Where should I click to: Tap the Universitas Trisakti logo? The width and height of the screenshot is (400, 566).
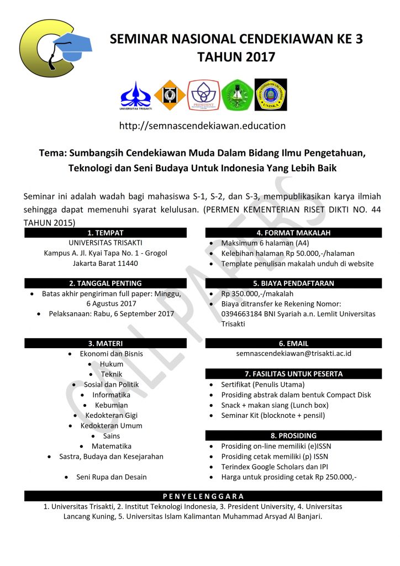click(x=135, y=95)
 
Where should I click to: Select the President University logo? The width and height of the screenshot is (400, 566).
click(x=203, y=95)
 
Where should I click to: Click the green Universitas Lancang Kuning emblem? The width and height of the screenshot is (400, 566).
click(x=238, y=95)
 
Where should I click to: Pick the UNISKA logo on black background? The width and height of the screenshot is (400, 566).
click(x=271, y=95)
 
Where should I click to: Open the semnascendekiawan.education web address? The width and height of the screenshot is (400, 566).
click(x=202, y=126)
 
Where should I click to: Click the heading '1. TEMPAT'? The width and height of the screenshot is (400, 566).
click(x=106, y=233)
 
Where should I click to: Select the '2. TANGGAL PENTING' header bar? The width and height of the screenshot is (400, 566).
click(x=106, y=283)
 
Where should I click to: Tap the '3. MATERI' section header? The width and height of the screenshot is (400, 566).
click(x=106, y=343)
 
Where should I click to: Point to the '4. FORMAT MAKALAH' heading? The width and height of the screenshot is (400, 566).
click(x=294, y=233)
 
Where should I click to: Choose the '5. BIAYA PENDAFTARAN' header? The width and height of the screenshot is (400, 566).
click(x=294, y=283)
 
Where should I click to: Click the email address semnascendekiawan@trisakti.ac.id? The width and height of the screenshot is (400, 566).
click(x=294, y=354)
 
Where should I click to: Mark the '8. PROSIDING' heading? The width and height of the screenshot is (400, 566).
click(x=294, y=435)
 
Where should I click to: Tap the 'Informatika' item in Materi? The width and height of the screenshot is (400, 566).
click(x=111, y=395)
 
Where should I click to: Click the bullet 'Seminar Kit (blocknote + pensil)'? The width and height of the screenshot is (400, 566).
click(x=273, y=415)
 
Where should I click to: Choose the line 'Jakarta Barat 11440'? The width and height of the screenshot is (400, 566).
click(x=106, y=263)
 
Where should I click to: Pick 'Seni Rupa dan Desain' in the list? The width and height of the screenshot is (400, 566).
click(x=111, y=476)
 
